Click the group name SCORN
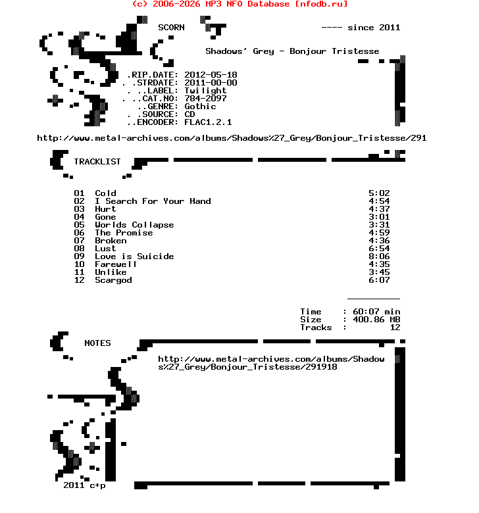point(171,28)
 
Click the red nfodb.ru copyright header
point(239,4)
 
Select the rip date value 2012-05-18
point(211,75)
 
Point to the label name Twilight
point(205,91)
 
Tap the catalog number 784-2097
point(205,99)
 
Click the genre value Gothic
point(200,107)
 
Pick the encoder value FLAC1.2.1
point(208,122)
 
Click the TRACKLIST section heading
point(97,162)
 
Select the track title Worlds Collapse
point(134,225)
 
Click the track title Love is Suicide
point(134,256)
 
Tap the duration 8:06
point(379,256)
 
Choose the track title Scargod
point(113,280)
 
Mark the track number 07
point(79,241)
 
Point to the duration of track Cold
point(379,193)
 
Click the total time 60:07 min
point(376,312)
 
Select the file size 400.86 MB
point(376,320)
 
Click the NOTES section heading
point(97,343)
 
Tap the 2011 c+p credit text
point(84,485)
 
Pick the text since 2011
point(374,28)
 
